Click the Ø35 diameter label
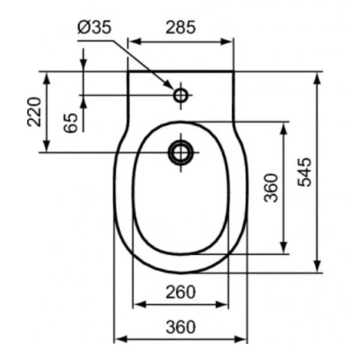click(94, 27)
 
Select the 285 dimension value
click(181, 27)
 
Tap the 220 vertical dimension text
click(34, 112)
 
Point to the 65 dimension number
click(71, 123)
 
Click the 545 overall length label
click(305, 172)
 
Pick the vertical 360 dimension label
click(271, 188)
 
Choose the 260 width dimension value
click(181, 292)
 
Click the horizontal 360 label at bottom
click(181, 327)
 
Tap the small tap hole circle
click(181, 95)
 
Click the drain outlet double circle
click(181, 152)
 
